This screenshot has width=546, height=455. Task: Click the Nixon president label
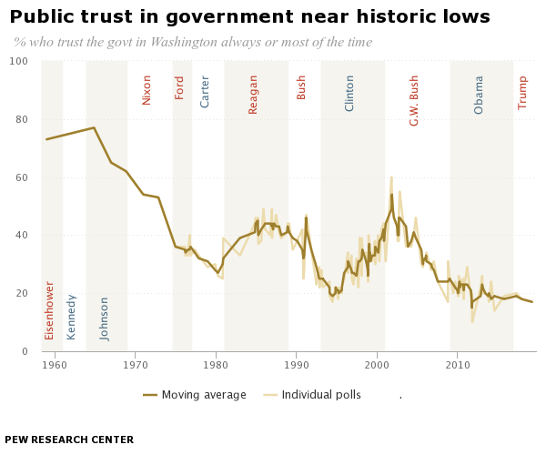(x=147, y=89)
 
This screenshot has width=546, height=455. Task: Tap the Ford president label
(x=179, y=87)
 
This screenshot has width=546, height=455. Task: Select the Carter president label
(x=205, y=91)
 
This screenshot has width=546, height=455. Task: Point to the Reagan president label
(x=253, y=94)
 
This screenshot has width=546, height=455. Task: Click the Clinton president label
(x=349, y=93)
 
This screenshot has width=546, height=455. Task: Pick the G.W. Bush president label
(x=414, y=100)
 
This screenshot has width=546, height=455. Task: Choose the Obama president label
(x=479, y=94)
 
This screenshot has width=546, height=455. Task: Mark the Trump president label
(x=522, y=92)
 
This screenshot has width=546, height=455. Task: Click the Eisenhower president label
(x=50, y=309)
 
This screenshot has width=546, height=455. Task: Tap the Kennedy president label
(x=72, y=317)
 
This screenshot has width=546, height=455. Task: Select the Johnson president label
(x=105, y=318)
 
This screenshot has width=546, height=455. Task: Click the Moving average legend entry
(x=195, y=395)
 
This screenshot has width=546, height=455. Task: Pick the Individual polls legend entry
(x=314, y=395)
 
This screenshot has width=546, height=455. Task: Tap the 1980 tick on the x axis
(x=216, y=365)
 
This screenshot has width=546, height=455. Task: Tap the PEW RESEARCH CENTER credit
(x=69, y=440)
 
